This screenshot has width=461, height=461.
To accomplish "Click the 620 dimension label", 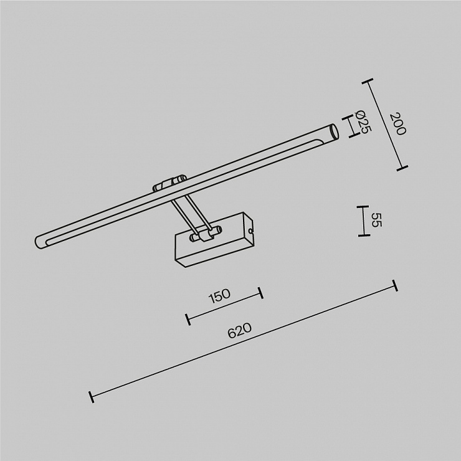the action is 240,330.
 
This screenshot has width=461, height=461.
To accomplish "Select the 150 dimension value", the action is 219,296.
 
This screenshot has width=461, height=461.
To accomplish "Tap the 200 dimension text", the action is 397,124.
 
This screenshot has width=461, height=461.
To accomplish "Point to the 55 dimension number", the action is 376,220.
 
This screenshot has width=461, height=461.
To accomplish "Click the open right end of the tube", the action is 335,131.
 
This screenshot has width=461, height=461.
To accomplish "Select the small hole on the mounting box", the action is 250,231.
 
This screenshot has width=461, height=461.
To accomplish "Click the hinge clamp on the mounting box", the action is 205,234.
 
